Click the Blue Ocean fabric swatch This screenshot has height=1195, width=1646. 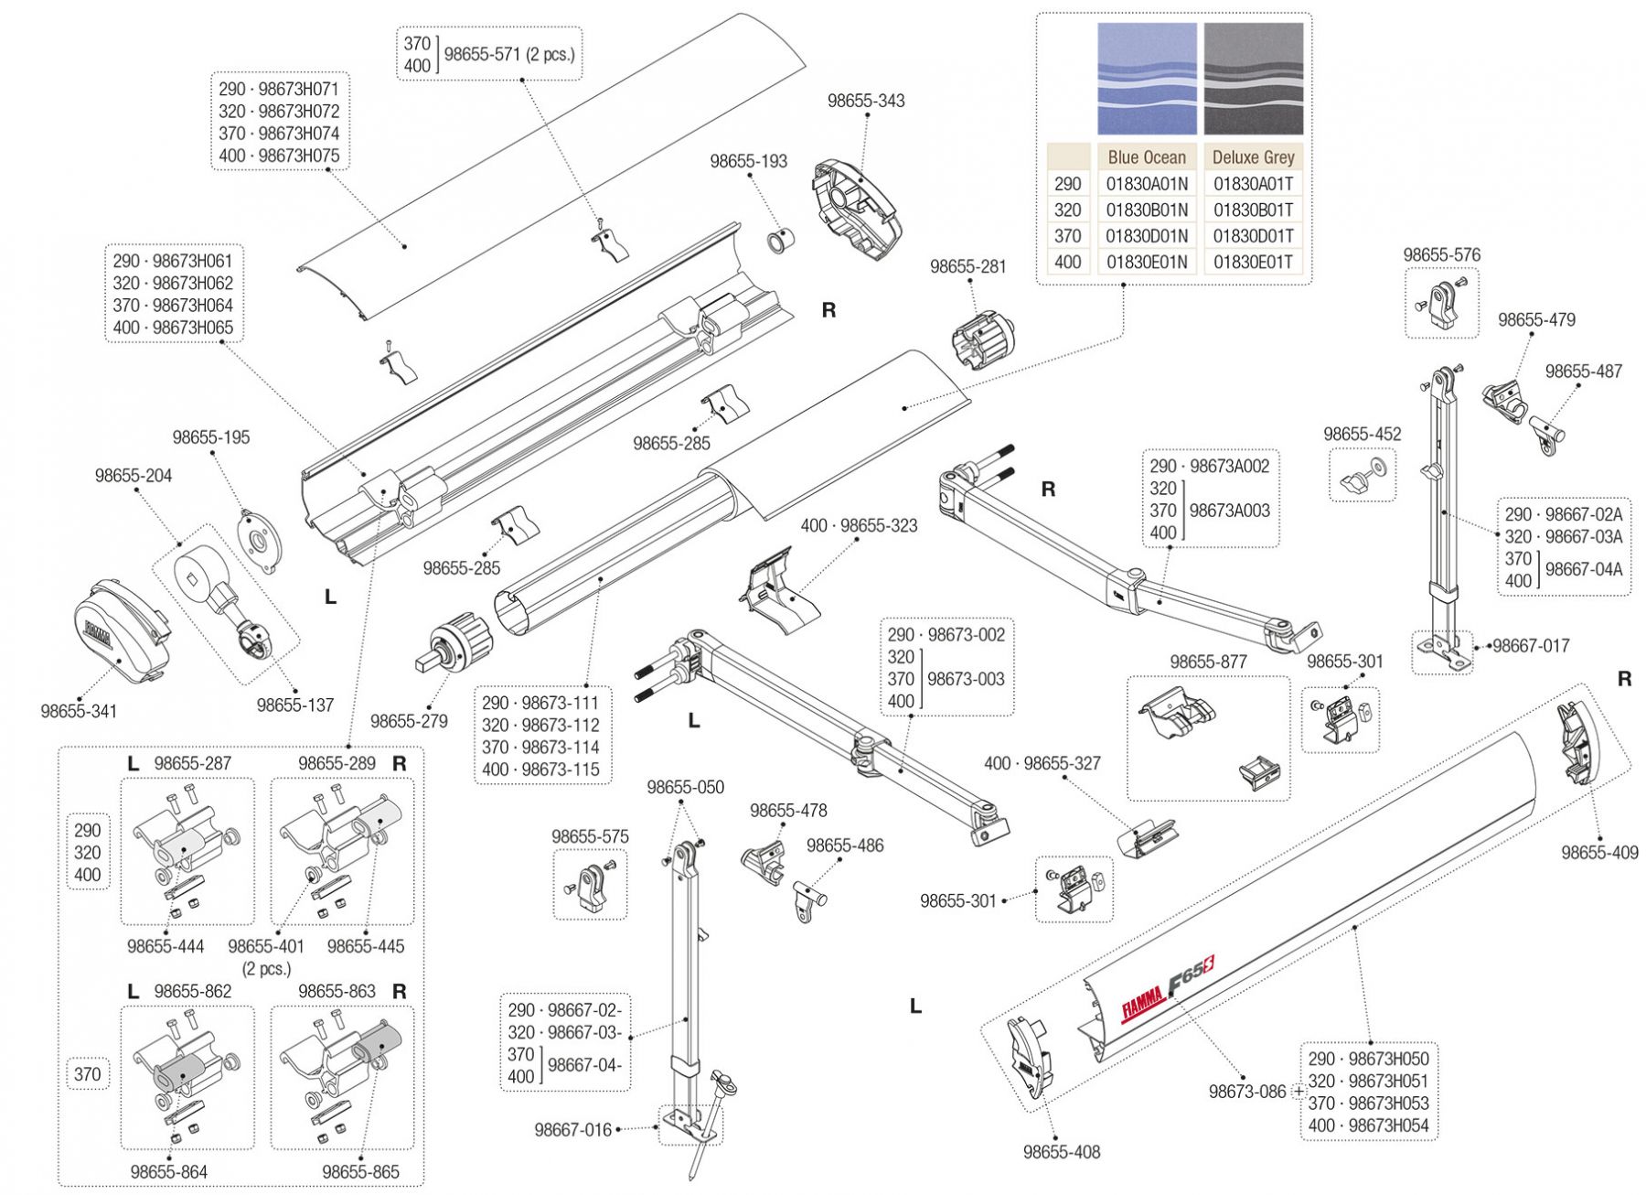[1147, 79]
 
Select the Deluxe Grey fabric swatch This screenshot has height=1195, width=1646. [1254, 79]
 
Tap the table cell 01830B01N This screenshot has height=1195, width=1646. [1147, 210]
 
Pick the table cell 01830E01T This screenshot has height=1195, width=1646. [1253, 263]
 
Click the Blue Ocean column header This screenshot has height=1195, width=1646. [1147, 157]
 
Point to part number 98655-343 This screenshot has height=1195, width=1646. [866, 101]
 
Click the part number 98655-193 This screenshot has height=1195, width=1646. [748, 161]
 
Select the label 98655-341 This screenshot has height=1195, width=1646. [79, 711]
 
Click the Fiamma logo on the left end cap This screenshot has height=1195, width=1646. [98, 632]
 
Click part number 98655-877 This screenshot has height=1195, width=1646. [1208, 662]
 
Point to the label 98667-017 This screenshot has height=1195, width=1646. [1531, 646]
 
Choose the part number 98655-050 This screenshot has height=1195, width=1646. [685, 787]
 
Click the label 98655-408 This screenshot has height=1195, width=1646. [1062, 1152]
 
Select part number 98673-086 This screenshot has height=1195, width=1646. [1246, 1092]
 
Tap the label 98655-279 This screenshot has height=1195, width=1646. [409, 721]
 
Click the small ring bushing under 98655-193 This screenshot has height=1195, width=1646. [780, 243]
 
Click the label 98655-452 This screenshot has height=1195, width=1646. [1362, 434]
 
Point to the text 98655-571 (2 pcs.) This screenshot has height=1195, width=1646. [509, 55]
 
